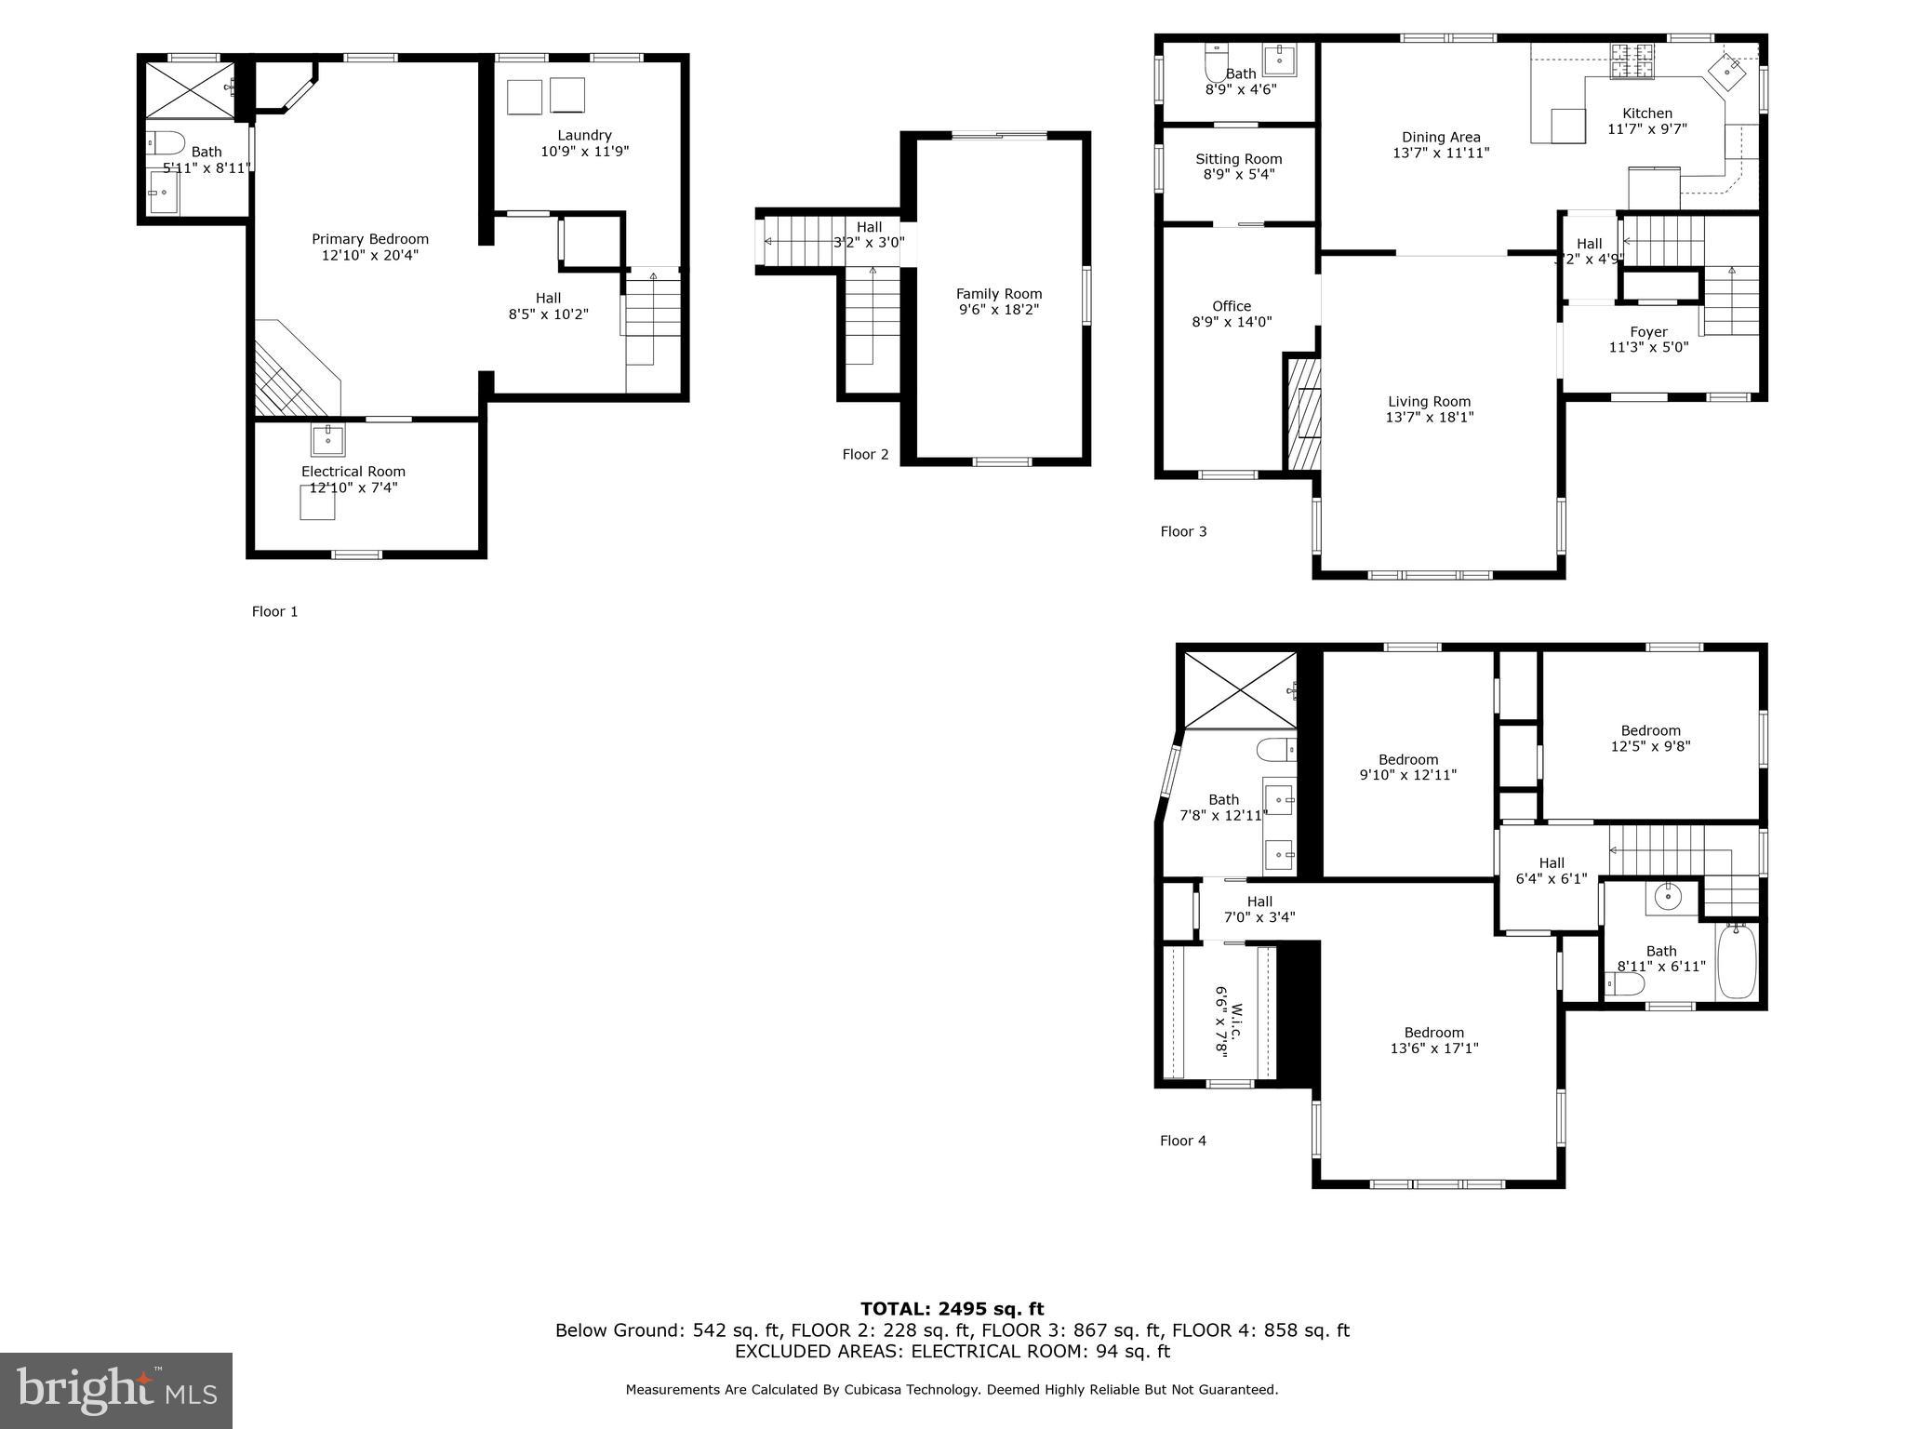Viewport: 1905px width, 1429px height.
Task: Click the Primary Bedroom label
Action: coord(369,239)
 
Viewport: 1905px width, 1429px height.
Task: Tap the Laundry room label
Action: coord(584,136)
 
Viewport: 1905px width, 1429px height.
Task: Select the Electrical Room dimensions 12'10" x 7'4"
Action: coord(353,487)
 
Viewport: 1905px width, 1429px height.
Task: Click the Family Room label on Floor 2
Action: coord(999,294)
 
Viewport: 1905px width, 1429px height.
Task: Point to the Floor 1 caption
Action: coord(274,611)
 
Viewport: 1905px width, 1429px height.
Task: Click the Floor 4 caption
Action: coord(1182,1141)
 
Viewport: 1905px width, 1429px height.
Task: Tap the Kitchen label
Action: coord(1646,114)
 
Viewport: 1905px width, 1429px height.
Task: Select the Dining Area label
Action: coord(1440,138)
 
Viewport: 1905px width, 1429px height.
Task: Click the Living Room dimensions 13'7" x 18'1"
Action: coord(1429,418)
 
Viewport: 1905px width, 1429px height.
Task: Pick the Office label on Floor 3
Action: coord(1232,306)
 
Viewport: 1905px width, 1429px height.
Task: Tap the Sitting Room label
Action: coord(1238,159)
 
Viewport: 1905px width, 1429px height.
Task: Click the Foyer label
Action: coord(1648,332)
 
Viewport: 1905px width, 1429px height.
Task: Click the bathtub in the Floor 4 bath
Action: coord(1736,961)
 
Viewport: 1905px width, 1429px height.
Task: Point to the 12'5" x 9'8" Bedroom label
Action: coord(1650,730)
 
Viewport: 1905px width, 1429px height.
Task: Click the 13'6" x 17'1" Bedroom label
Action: coord(1433,1033)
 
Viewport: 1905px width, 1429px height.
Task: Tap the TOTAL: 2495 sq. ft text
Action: coord(952,1309)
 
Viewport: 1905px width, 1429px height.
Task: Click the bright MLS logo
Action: coord(116,1390)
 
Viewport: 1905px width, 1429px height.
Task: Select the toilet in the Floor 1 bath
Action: coord(167,143)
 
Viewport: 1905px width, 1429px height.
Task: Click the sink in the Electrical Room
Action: coord(327,438)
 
